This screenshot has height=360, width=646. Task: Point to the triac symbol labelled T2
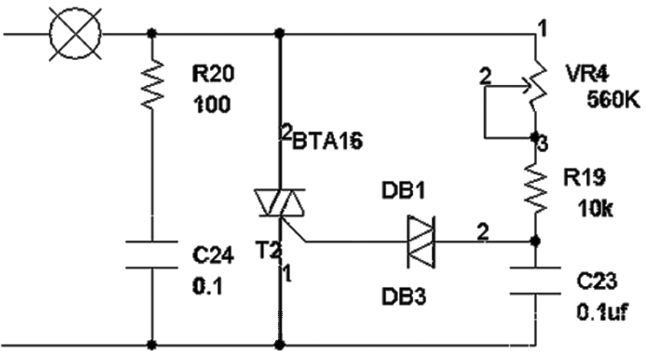click(280, 204)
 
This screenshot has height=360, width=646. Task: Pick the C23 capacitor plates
click(534, 280)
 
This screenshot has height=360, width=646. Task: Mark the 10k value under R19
click(595, 209)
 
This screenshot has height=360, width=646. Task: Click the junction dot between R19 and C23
click(534, 242)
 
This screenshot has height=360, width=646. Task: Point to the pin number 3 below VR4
click(543, 145)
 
